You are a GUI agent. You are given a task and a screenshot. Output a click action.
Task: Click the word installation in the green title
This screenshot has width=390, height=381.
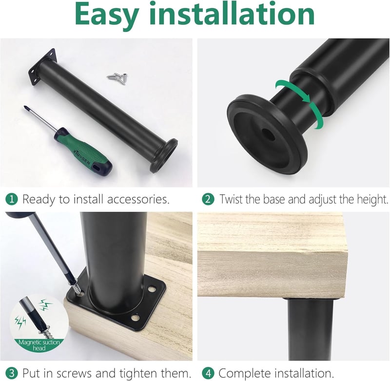[233, 14]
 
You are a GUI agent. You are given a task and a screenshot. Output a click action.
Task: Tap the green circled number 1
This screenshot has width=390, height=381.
[11, 199]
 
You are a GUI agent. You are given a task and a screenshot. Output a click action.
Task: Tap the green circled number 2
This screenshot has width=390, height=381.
[208, 199]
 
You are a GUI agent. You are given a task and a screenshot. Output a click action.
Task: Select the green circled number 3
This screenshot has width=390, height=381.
[11, 373]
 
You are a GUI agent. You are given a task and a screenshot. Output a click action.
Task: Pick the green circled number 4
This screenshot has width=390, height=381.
[208, 373]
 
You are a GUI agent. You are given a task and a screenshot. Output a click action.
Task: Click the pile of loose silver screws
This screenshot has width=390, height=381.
[118, 78]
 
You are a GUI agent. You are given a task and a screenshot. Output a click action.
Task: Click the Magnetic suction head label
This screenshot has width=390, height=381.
[39, 345]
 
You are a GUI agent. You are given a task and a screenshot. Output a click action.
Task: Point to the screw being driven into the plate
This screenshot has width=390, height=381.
[78, 289]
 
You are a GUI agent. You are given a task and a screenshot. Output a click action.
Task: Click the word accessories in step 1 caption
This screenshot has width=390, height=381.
[138, 199]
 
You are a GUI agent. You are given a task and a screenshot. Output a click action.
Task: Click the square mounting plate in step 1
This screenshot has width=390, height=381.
[42, 67]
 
